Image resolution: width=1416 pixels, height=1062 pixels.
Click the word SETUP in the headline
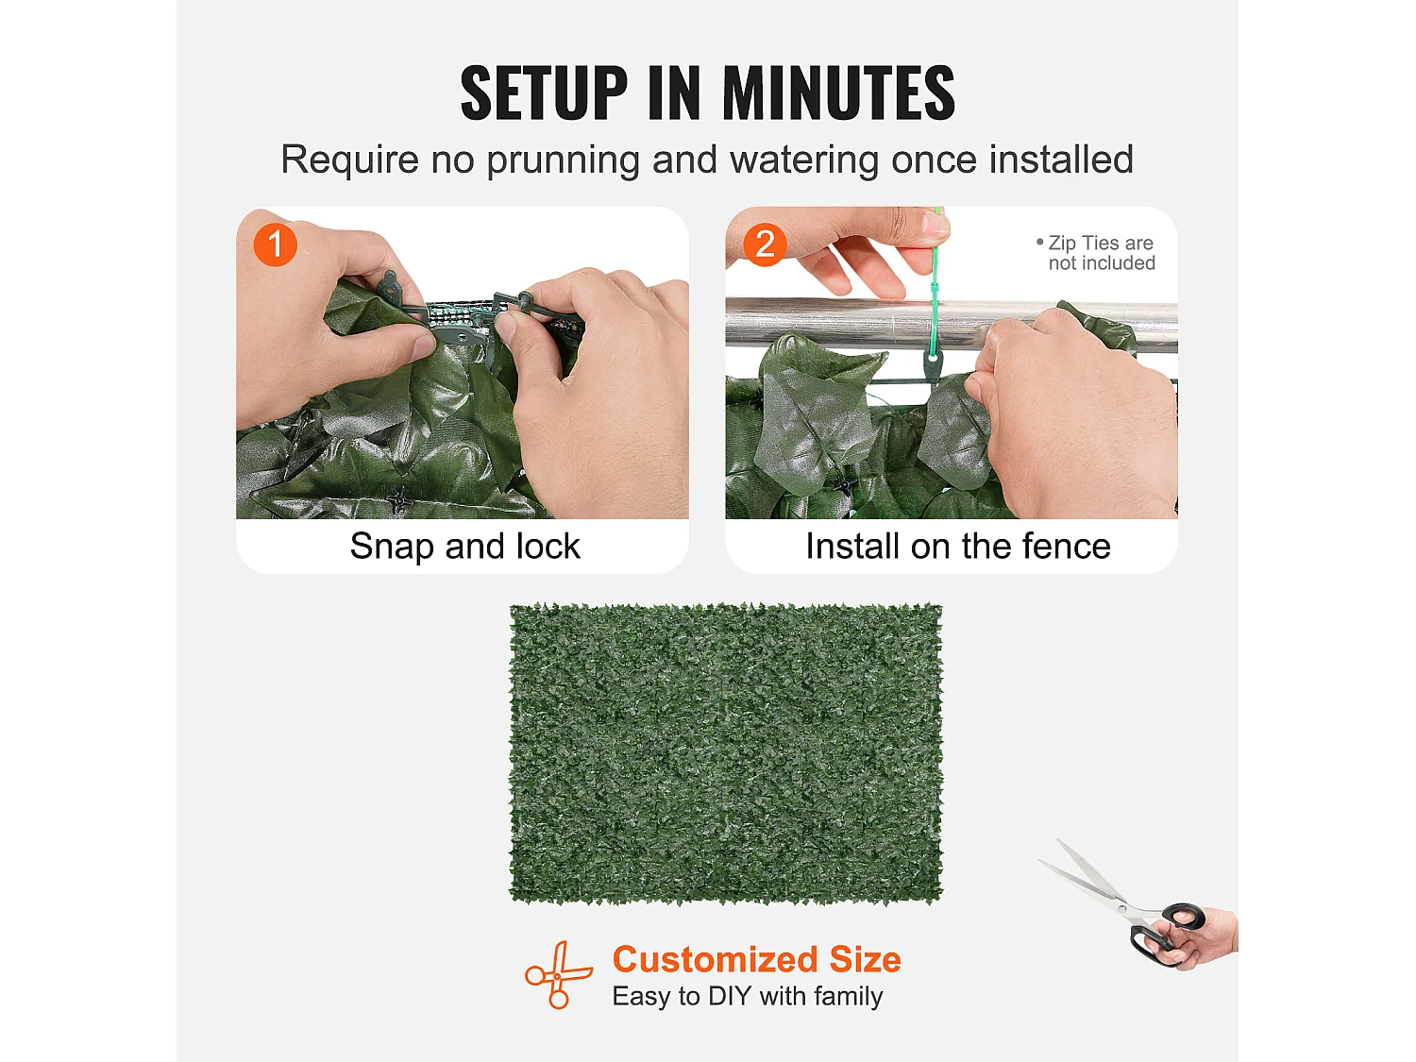[543, 93]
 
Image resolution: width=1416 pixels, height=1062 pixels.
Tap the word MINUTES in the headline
[838, 93]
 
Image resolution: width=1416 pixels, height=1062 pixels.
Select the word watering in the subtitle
[803, 160]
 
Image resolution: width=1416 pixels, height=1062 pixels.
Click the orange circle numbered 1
[276, 244]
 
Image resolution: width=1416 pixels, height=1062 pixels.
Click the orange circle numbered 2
[765, 244]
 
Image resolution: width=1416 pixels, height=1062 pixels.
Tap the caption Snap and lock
[465, 547]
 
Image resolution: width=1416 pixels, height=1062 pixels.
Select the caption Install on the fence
[958, 547]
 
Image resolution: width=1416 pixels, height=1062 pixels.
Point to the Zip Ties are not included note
[1095, 253]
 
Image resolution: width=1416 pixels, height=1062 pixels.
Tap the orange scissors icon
[558, 975]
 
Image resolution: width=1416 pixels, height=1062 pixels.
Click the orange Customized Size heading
[756, 959]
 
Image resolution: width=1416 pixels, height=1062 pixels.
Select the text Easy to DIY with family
[748, 997]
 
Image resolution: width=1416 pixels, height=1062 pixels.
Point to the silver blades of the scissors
[1087, 878]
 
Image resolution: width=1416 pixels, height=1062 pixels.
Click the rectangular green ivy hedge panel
[726, 753]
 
